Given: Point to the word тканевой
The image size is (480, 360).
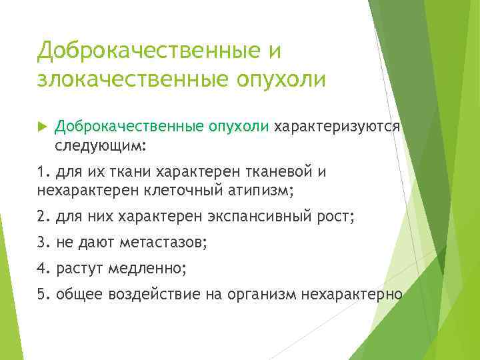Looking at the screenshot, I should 279,173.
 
